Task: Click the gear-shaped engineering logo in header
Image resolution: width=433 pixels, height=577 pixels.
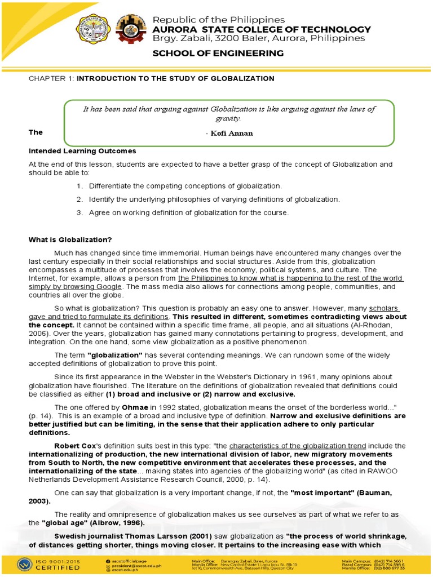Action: (x=130, y=30)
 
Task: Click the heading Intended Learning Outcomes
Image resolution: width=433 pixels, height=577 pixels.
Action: (x=82, y=151)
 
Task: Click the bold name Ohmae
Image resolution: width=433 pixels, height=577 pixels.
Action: (x=130, y=407)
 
